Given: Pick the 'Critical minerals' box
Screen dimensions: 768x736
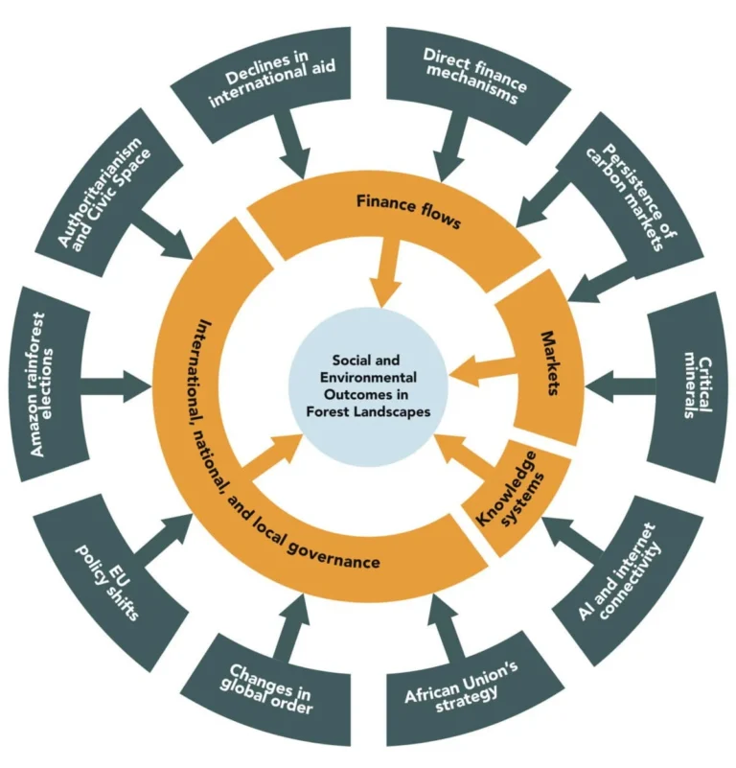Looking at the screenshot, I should click(x=692, y=388).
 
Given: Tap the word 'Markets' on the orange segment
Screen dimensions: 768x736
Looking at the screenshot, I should click(x=549, y=364).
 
